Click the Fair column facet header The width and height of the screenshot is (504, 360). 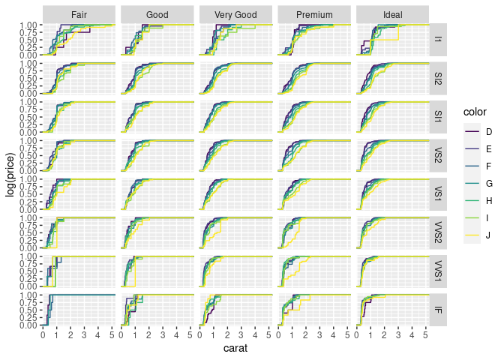[79, 14]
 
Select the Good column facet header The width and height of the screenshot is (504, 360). [157, 14]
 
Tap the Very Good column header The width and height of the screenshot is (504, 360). [235, 14]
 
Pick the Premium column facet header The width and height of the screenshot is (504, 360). [314, 14]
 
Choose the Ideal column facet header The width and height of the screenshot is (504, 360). [392, 14]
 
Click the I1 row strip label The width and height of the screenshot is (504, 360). [439, 40]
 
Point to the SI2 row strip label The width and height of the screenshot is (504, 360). [439, 78]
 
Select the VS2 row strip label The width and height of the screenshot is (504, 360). [439, 155]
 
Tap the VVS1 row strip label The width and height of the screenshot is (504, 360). [439, 271]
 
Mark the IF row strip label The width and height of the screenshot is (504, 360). [439, 310]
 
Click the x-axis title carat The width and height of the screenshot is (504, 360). [235, 349]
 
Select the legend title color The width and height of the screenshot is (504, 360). [474, 112]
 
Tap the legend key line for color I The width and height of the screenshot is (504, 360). [472, 218]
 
